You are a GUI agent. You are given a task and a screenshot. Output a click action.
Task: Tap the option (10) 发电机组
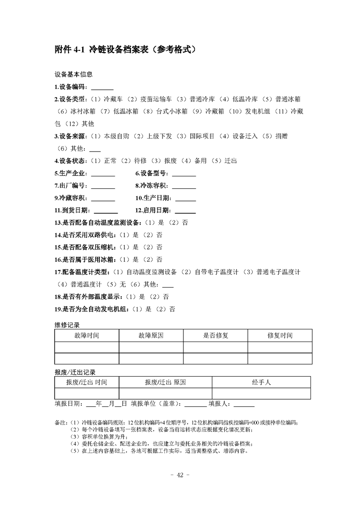click(248, 111)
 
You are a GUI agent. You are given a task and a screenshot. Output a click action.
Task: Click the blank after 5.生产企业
click(103, 173)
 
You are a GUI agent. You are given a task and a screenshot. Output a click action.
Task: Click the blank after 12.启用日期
click(185, 210)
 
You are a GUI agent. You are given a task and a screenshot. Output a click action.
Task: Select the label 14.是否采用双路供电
click(84, 235)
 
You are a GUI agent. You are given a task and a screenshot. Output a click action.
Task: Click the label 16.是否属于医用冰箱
click(84, 260)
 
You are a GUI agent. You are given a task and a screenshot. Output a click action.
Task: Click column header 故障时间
click(86, 336)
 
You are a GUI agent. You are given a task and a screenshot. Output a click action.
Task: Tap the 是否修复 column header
click(215, 336)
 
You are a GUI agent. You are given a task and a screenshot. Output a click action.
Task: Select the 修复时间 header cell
click(280, 336)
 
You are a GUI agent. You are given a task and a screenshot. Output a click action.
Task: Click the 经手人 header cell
click(261, 382)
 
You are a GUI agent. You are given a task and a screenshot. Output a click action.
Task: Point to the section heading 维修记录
click(67, 325)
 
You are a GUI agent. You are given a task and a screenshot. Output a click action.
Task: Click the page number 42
click(179, 475)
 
